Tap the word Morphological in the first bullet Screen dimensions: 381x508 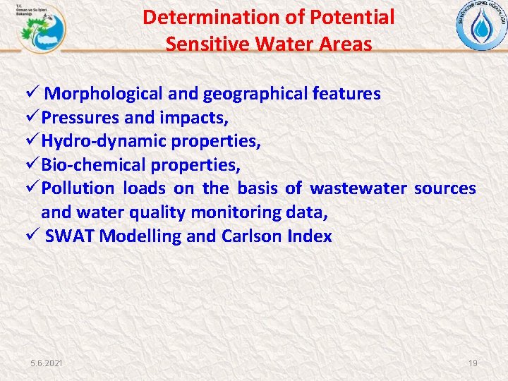click(x=107, y=94)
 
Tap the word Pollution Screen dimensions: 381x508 click(x=77, y=189)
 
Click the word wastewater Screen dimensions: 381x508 click(x=358, y=189)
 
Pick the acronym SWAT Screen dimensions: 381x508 click(x=70, y=236)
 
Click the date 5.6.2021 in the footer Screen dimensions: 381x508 click(x=46, y=363)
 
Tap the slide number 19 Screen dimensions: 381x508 click(x=473, y=363)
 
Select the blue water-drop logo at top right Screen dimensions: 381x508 click(x=481, y=27)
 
